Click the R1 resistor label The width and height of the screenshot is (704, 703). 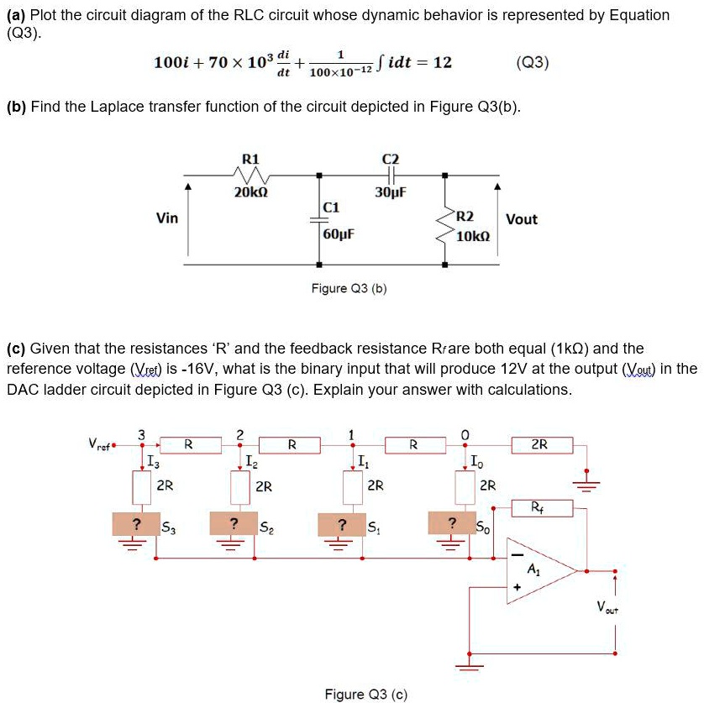tap(250, 159)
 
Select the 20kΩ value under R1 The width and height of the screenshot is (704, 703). tap(250, 192)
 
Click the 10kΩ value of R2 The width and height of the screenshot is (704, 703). tap(472, 237)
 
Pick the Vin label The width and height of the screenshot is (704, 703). tap(167, 218)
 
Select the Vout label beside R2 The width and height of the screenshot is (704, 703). tap(522, 219)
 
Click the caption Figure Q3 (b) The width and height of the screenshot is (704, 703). tap(349, 289)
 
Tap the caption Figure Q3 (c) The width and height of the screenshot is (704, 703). tap(365, 694)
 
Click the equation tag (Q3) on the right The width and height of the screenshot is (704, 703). tap(533, 62)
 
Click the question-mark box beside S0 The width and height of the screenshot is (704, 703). tap(453, 525)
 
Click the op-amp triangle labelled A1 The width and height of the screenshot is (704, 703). tap(538, 571)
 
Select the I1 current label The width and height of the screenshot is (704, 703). tap(361, 460)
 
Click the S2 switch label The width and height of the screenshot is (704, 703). tap(265, 527)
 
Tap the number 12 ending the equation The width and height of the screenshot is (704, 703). tap(443, 62)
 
